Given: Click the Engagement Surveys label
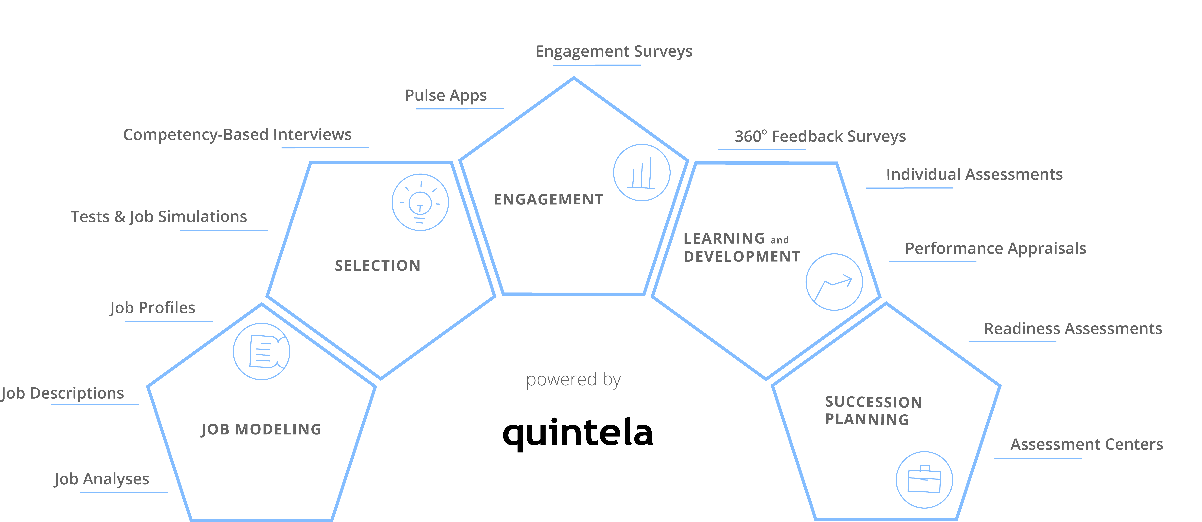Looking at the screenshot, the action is [x=614, y=51].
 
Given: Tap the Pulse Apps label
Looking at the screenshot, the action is [x=446, y=96].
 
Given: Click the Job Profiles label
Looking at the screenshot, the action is [x=153, y=308].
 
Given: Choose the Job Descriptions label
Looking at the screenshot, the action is [x=62, y=393].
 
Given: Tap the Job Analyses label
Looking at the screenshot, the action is [x=102, y=479].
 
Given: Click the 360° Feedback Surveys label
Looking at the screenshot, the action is [x=820, y=136].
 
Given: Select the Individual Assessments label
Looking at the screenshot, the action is [x=974, y=175].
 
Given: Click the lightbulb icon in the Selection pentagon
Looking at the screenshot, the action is [x=420, y=202].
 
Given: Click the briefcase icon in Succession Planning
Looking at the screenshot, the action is [x=924, y=480].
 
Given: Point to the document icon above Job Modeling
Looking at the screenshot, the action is [x=261, y=351].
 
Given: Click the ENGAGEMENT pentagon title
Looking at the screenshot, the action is [x=548, y=200].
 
